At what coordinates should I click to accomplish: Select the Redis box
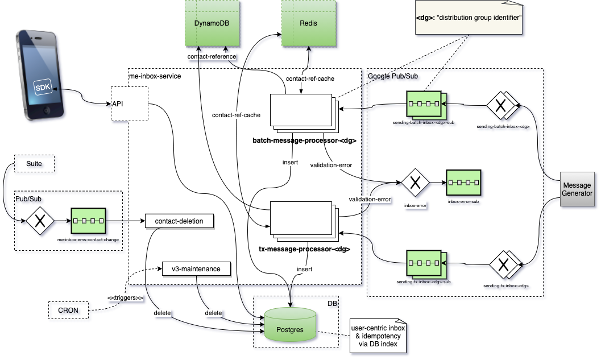click(x=308, y=23)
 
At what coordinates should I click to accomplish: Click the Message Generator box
click(x=577, y=189)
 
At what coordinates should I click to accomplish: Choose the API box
click(x=130, y=104)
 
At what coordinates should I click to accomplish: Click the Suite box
click(x=34, y=164)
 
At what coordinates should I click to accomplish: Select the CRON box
click(x=68, y=311)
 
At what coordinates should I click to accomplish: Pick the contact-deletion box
click(x=179, y=220)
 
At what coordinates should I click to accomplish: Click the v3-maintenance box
click(x=196, y=268)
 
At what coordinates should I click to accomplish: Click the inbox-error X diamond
click(x=415, y=183)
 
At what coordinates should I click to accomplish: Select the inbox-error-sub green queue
click(x=464, y=183)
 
